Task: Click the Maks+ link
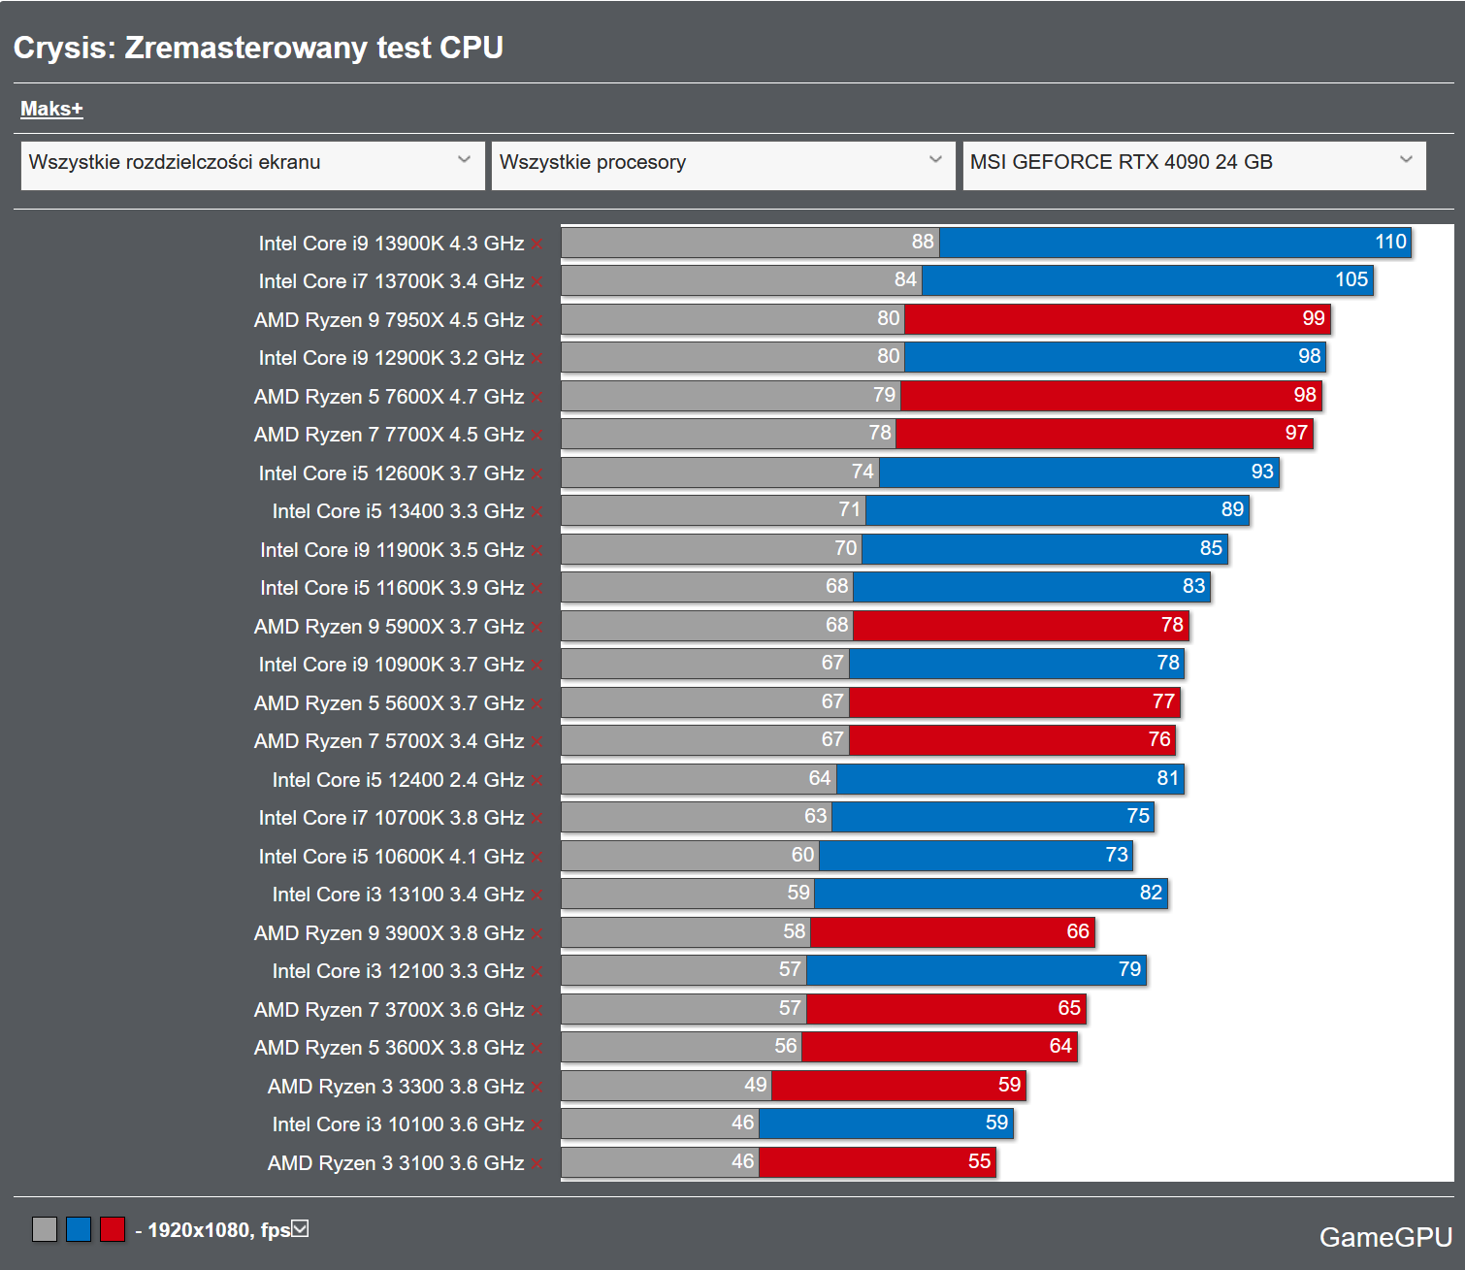(51, 109)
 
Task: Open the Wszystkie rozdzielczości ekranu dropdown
(252, 163)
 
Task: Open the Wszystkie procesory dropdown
(722, 163)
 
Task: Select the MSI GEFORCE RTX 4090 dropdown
(1193, 163)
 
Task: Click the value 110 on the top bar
(1390, 242)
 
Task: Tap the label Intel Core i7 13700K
(391, 281)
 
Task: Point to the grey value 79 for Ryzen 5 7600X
(884, 395)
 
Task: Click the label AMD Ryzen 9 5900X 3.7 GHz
(388, 627)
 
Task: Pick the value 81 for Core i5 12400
(1168, 778)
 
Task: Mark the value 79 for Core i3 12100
(1129, 969)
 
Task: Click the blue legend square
(79, 1229)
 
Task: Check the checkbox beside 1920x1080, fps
(301, 1229)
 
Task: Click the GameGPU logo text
(1385, 1237)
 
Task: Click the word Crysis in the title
(64, 48)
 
